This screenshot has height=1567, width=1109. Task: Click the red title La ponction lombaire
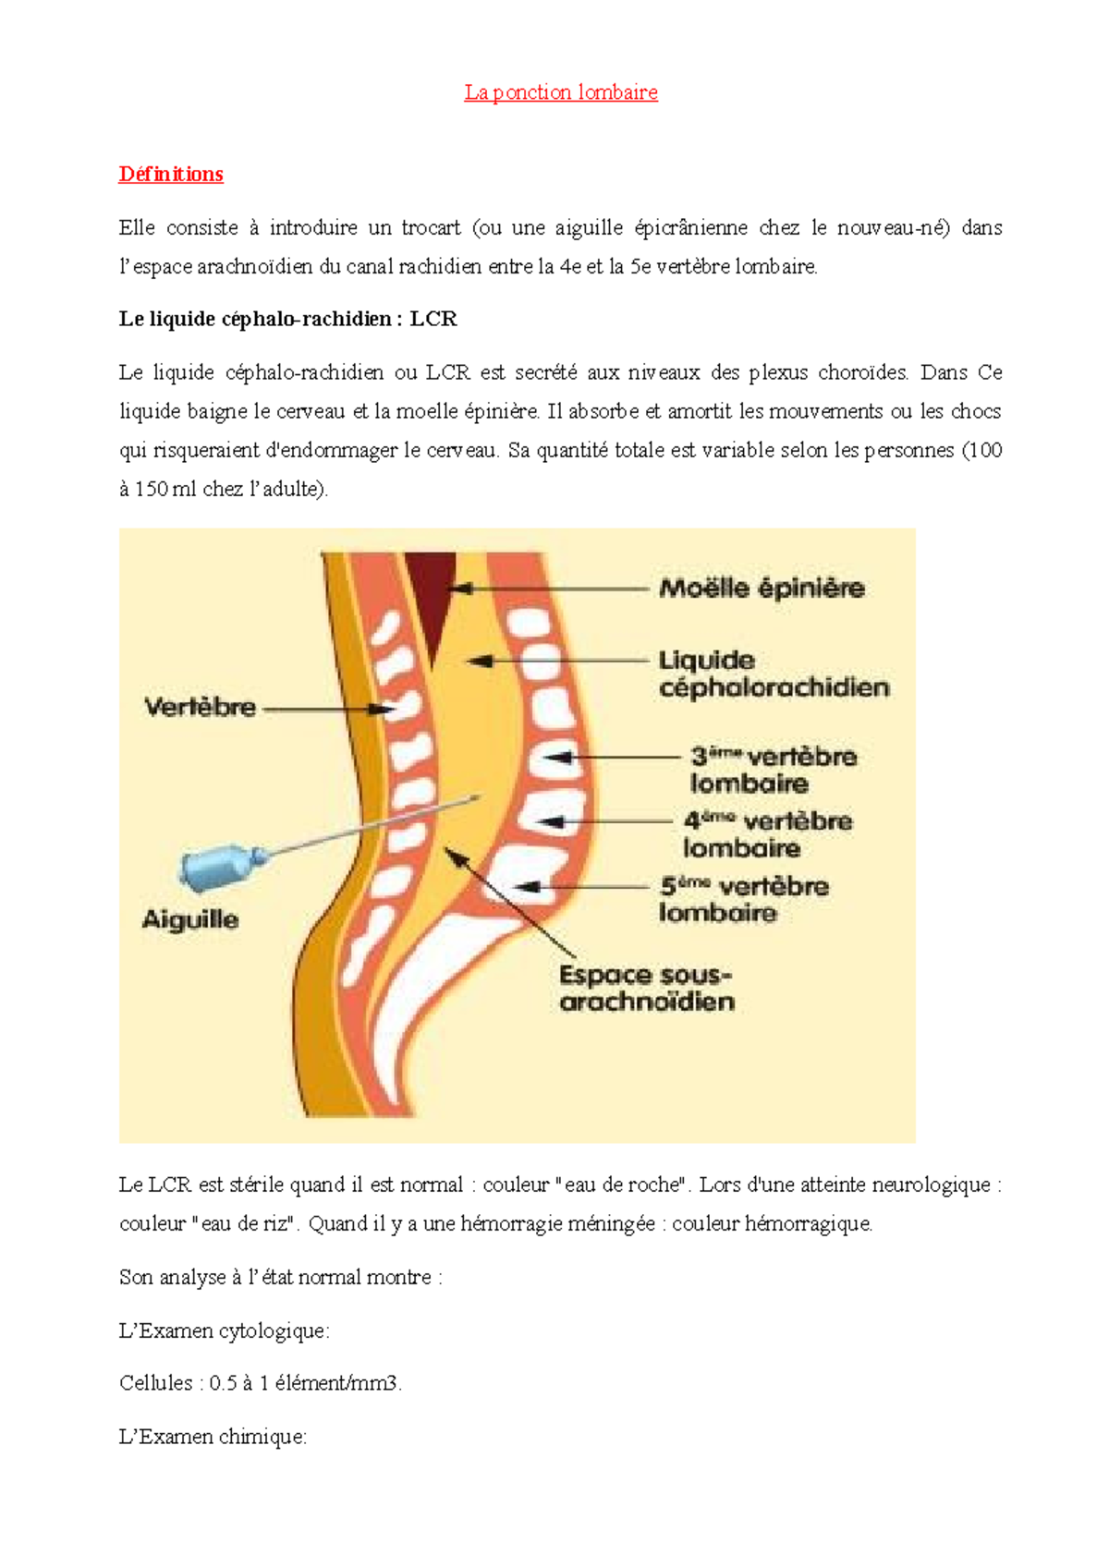click(x=560, y=92)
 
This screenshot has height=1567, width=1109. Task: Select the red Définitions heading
click(x=171, y=174)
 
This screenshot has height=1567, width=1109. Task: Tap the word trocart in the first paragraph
click(x=431, y=227)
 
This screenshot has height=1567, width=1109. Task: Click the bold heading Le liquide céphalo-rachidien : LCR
click(x=287, y=319)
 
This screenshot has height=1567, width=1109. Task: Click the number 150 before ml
click(x=152, y=489)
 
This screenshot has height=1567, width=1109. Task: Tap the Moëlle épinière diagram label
click(x=762, y=589)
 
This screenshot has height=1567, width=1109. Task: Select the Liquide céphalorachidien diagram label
click(x=774, y=674)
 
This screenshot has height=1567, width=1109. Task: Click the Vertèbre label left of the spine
click(x=200, y=707)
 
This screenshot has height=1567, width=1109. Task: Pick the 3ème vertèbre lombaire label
click(x=774, y=770)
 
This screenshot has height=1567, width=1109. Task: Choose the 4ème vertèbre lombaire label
click(x=768, y=834)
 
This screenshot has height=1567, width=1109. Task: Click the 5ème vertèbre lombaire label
click(x=744, y=899)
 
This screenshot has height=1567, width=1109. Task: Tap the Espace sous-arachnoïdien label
click(x=647, y=989)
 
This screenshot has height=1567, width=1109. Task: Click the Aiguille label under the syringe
click(x=190, y=919)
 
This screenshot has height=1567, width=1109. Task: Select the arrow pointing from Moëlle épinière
click(x=549, y=589)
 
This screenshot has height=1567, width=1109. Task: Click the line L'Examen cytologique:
click(x=224, y=1331)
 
